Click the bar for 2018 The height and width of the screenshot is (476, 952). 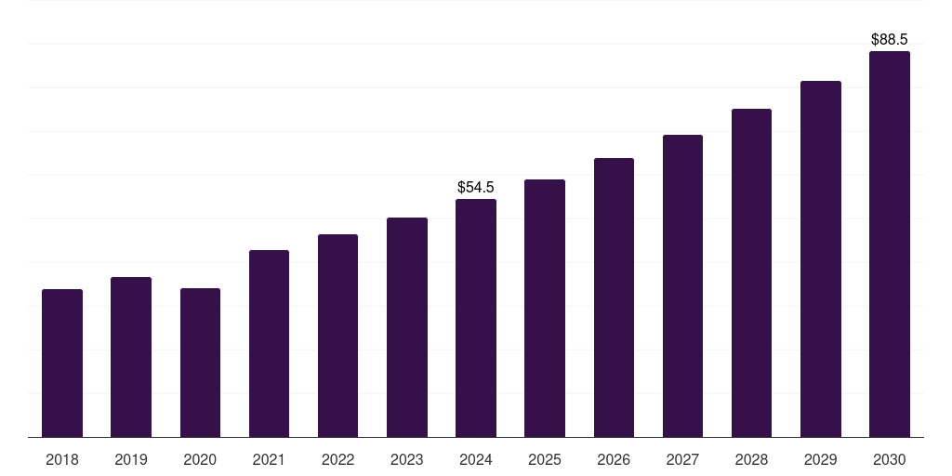[x=62, y=363]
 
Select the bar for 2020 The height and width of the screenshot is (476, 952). [x=200, y=363]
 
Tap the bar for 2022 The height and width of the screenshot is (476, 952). [x=337, y=336]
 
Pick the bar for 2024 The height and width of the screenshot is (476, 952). [x=476, y=318]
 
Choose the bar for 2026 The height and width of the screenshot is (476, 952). [x=614, y=297]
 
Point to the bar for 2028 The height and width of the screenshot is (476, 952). [x=751, y=272]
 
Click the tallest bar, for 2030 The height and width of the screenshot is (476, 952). [x=890, y=244]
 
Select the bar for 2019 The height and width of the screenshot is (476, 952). [x=131, y=357]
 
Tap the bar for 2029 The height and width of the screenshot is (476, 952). [x=821, y=258]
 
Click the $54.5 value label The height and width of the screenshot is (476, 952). [x=476, y=188]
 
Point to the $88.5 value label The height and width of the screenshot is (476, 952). [x=890, y=40]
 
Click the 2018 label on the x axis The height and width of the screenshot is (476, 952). [x=62, y=460]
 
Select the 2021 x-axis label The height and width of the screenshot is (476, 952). [x=269, y=460]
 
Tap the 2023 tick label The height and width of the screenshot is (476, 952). [x=407, y=460]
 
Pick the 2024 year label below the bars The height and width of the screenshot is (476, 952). [x=476, y=460]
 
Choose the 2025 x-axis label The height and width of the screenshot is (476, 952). [x=545, y=460]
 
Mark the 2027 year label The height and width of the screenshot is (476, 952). [x=682, y=460]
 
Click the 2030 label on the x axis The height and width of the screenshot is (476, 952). [x=890, y=460]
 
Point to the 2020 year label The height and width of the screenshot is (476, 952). [x=200, y=460]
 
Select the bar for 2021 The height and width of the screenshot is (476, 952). [x=269, y=343]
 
